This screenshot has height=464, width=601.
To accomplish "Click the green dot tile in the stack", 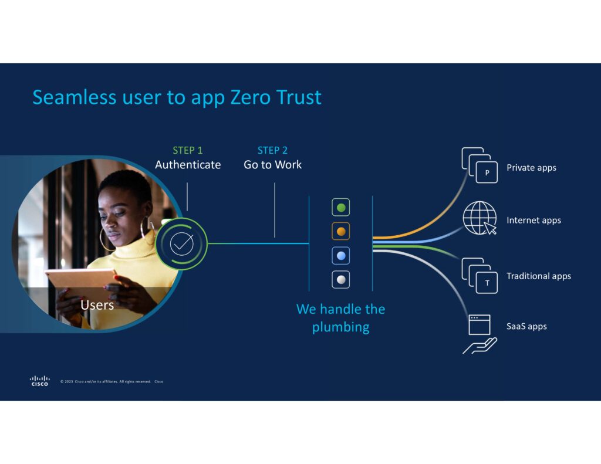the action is click(341, 208).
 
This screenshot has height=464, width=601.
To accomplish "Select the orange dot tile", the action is click(341, 232).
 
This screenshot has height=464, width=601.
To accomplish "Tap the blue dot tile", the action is click(341, 256).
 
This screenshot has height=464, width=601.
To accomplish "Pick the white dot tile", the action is click(341, 279).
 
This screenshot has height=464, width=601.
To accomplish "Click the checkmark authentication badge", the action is click(182, 243).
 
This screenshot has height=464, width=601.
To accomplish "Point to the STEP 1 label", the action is click(187, 150).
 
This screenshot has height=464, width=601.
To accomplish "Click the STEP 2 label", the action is click(272, 150).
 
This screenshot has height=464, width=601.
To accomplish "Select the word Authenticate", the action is click(188, 165).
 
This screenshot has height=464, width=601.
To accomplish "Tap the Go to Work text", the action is click(272, 165).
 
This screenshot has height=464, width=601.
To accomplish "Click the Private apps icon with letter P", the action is click(480, 165).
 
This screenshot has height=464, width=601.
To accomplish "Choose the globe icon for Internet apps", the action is click(480, 218).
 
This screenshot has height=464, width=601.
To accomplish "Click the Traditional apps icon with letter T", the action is click(480, 276).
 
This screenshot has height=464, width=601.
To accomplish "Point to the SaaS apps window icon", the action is click(480, 324).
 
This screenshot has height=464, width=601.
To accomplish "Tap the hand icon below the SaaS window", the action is click(480, 346).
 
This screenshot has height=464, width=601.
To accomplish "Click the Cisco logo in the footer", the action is click(39, 381).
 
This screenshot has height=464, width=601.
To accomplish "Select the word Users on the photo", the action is click(97, 305).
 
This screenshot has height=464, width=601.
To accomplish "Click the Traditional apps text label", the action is click(539, 276).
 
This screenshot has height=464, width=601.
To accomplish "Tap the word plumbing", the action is click(341, 327).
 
